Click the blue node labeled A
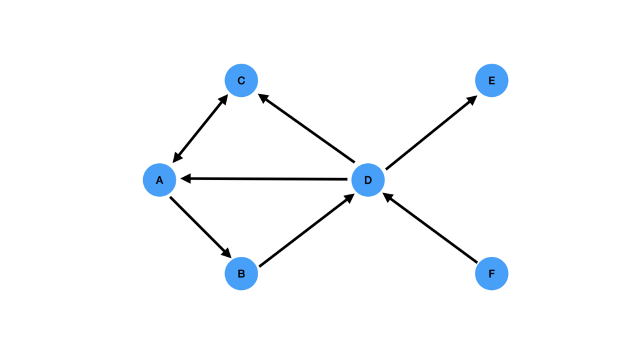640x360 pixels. tap(159, 180)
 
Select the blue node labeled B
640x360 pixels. tap(241, 274)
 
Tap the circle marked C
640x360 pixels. tap(241, 81)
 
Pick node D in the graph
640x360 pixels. tap(367, 180)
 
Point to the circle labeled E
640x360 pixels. tap(491, 81)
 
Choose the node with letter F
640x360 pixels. tap(491, 274)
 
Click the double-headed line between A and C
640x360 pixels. tap(200, 129)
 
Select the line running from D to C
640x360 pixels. tap(306, 127)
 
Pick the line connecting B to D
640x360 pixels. tap(306, 230)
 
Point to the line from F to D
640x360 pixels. tap(431, 229)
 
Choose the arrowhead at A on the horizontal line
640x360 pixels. tap(186, 179)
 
